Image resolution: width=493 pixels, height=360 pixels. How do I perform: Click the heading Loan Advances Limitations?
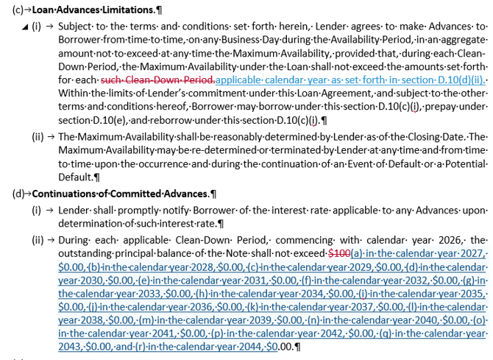pyautogui.click(x=91, y=11)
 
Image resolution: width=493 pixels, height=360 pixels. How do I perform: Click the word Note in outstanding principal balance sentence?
pyautogui.click(x=232, y=253)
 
